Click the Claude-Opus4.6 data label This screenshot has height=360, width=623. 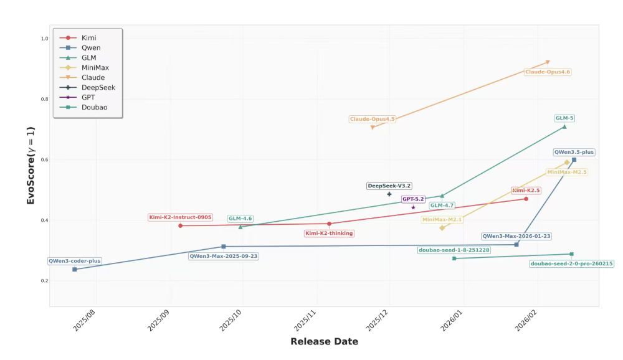click(548, 72)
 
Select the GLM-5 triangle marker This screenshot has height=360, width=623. click(564, 126)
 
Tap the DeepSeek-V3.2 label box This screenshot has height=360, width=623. click(389, 186)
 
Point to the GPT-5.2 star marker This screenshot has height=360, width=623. click(413, 207)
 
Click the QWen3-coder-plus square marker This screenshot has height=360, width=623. click(75, 269)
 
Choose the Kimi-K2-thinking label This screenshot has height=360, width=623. click(329, 234)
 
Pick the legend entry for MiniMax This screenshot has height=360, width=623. click(95, 67)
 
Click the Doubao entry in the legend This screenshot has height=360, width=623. click(94, 107)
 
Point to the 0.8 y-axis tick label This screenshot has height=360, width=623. click(44, 99)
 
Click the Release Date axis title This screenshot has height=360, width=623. click(324, 341)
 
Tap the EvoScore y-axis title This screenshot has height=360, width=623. click(31, 166)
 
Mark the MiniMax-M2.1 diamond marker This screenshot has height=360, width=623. click(442, 228)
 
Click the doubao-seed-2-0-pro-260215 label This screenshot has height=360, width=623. click(572, 263)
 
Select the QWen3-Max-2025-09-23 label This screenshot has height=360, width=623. click(224, 256)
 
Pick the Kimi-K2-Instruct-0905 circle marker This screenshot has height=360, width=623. click(181, 225)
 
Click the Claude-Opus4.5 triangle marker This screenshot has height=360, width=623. click(373, 127)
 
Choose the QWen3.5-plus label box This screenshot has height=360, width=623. click(574, 152)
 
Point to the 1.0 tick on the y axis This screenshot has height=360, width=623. click(44, 39)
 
